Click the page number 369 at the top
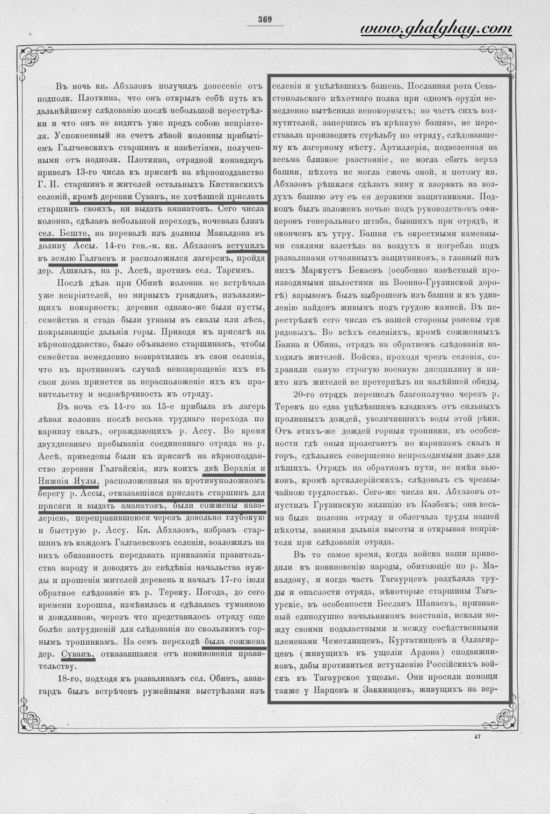265,20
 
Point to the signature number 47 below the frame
477,737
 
